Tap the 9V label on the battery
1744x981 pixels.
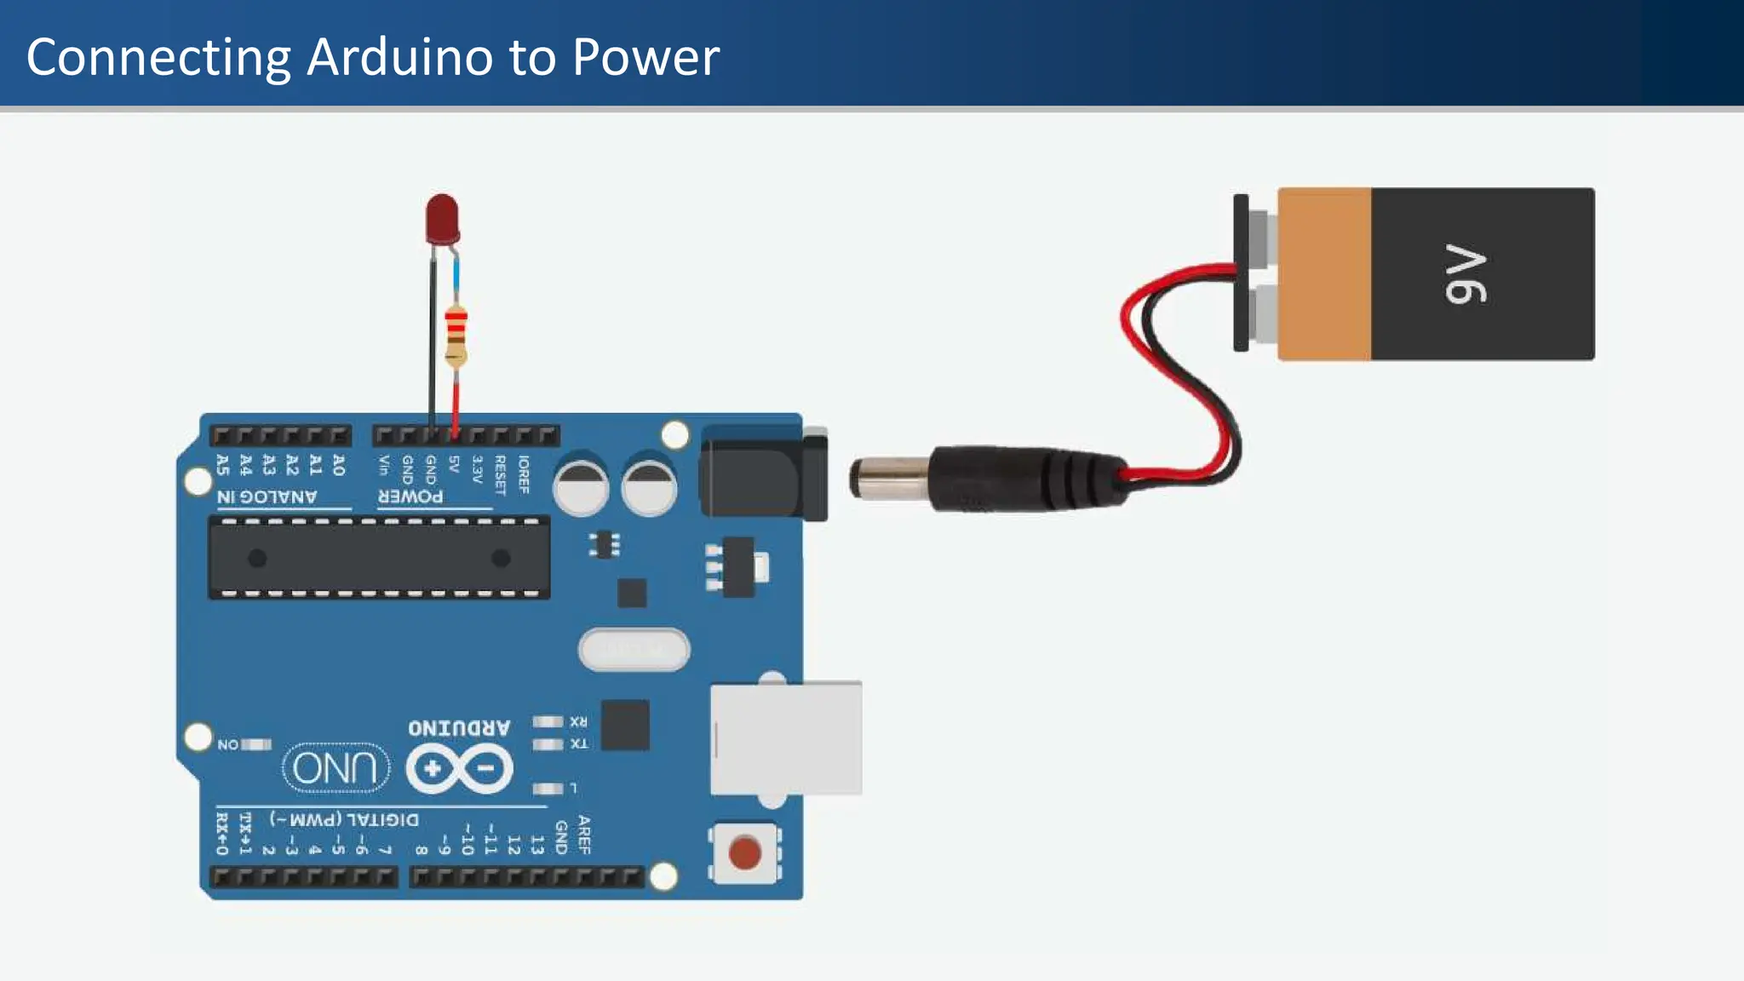1466,274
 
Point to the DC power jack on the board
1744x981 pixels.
762,473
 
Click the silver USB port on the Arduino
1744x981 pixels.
785,738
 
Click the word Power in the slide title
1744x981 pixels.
645,57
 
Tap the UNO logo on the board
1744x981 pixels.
336,767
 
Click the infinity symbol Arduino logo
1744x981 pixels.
459,769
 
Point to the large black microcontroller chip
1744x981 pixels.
379,559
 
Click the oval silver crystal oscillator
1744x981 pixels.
634,650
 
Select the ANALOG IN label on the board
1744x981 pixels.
267,496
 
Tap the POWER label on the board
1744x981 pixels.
410,496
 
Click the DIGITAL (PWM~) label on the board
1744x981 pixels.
344,819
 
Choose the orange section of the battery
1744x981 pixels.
1324,274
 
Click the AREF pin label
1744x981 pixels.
584,835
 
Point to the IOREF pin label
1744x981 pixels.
524,474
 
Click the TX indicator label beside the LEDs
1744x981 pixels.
579,744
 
